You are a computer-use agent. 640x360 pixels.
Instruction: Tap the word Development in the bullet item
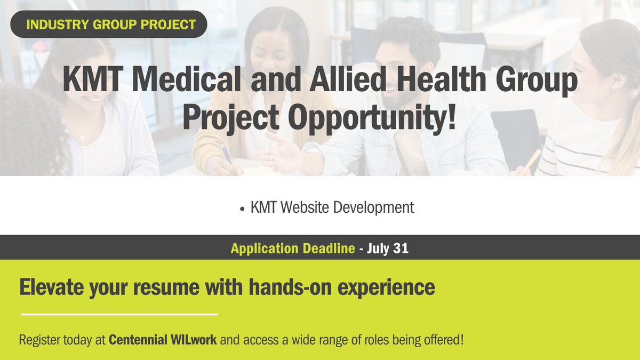(373, 207)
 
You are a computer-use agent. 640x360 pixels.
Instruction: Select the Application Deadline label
(292, 248)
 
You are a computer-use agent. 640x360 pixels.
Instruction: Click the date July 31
(388, 248)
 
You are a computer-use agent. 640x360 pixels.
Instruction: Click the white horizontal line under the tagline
(119, 314)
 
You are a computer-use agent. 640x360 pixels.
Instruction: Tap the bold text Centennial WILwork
(163, 340)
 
